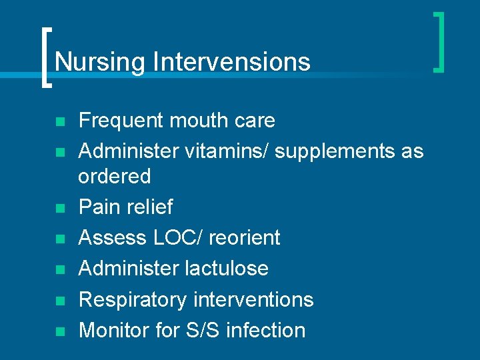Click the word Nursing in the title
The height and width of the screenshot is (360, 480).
(100, 62)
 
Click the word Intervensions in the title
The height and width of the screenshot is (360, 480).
(231, 62)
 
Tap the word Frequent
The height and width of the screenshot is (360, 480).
(121, 121)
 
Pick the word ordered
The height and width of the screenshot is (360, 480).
(115, 177)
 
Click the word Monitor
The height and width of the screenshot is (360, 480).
(114, 330)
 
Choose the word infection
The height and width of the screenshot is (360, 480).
(265, 330)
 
